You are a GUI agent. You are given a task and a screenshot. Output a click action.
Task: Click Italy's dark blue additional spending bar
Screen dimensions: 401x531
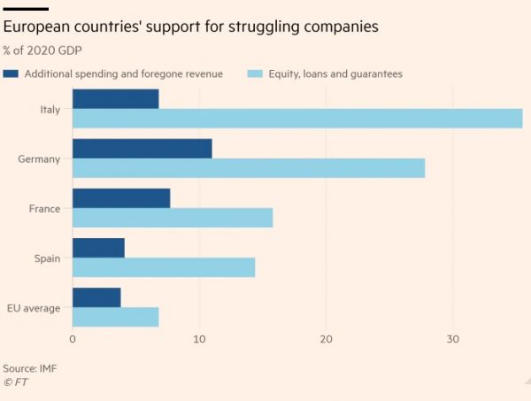coord(115,99)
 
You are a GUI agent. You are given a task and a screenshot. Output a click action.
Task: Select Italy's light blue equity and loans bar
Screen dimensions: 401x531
coord(296,119)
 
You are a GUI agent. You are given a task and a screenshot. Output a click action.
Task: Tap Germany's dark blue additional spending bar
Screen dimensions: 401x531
coord(142,149)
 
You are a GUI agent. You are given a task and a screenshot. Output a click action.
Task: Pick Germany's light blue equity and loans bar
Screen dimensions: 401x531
coord(248,168)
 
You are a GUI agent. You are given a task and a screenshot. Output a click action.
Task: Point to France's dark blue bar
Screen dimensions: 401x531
coord(120,198)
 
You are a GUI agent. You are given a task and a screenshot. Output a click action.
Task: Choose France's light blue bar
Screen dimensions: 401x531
coord(172,218)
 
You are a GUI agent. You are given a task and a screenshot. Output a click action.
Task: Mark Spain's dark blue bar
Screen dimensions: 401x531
coord(98,248)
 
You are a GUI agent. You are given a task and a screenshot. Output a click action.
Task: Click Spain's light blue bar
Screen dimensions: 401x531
coord(163,267)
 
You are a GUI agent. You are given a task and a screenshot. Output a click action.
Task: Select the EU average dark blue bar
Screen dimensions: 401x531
coord(96,297)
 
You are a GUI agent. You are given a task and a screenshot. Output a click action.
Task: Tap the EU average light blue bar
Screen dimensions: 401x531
coord(115,317)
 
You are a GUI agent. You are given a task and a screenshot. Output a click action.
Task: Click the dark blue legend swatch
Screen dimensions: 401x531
coord(12,74)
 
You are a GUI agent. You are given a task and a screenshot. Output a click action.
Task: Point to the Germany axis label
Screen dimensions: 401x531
coord(39,159)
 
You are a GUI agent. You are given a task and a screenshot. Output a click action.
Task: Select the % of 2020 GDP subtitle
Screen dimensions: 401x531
coord(42,50)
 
